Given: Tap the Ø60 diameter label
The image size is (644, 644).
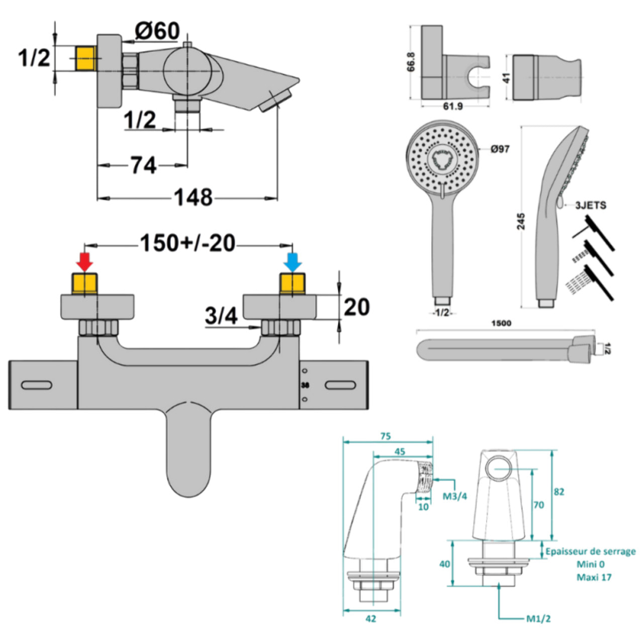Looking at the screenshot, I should click(x=157, y=31).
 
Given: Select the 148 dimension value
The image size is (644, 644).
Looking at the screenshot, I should click(x=193, y=197).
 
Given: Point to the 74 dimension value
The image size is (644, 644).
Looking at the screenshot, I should click(x=143, y=165).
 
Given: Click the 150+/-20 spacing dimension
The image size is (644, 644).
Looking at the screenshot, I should click(x=188, y=243).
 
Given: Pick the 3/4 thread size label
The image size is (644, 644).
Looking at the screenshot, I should click(x=221, y=316).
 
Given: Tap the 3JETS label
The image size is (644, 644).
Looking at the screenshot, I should click(x=590, y=205).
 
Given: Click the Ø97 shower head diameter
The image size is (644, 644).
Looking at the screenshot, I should click(x=500, y=149).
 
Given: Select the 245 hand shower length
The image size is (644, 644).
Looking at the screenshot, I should click(x=521, y=221).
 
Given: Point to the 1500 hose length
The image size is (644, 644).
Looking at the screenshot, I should click(x=501, y=323).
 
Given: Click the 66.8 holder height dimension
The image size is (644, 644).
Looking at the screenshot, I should click(x=411, y=62).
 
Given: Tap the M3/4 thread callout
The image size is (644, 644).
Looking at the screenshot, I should click(x=454, y=496).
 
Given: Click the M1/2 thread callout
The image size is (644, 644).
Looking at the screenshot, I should click(x=538, y=619).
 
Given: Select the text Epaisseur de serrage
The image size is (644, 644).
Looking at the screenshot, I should click(x=590, y=551).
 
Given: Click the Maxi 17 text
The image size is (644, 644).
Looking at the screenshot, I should click(x=594, y=577).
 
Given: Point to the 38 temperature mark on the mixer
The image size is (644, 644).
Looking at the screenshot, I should click(x=304, y=386).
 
